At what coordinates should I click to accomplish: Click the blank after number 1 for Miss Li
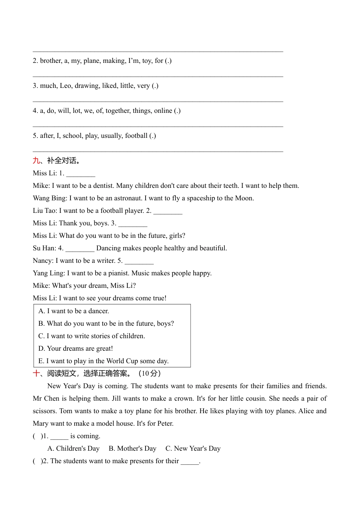pyautogui.click(x=81, y=173)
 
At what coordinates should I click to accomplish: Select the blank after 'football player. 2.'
pyautogui.click(x=168, y=211)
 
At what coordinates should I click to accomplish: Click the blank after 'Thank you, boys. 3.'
pyautogui.click(x=133, y=223)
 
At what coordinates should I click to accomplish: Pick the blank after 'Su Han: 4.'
pyautogui.click(x=80, y=248)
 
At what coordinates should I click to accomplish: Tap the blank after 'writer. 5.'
pyautogui.click(x=139, y=261)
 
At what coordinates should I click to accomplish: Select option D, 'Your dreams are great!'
pyautogui.click(x=75, y=348)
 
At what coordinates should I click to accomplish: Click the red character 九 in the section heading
pyautogui.click(x=36, y=161)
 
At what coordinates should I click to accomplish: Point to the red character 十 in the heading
pyautogui.click(x=36, y=373)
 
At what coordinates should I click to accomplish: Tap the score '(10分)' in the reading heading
pyautogui.click(x=149, y=373)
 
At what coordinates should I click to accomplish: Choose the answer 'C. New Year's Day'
pyautogui.click(x=193, y=448)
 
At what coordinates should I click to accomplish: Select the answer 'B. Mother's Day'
pyautogui.click(x=132, y=448)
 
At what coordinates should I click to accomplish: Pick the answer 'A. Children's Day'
pyautogui.click(x=73, y=448)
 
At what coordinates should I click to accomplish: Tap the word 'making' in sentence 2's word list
pyautogui.click(x=114, y=61)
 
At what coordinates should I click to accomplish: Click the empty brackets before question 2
pyautogui.click(x=37, y=461)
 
